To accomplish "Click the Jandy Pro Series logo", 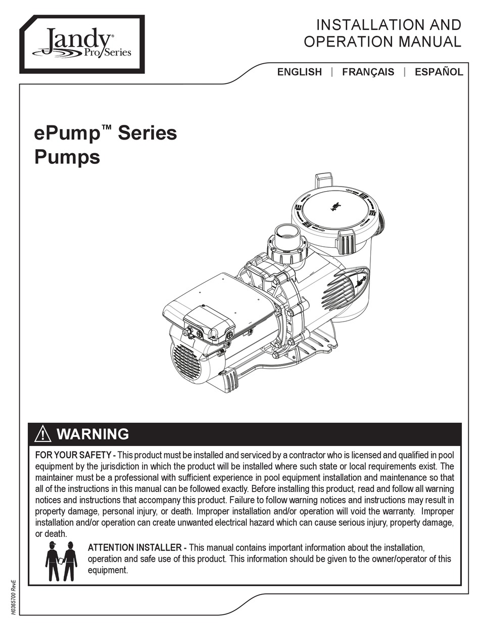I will coord(82,43).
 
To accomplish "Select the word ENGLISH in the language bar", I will coord(299,72).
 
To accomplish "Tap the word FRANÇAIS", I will coord(368,72).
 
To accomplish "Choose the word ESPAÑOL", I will coord(439,72).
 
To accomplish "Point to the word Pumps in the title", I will coord(67,157).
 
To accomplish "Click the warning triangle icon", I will coord(43,434).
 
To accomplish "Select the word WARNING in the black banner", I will coord(92,434).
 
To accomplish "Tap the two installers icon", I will coord(61,561).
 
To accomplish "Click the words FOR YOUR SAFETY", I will coord(73,455).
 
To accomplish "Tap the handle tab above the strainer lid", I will coord(323,181).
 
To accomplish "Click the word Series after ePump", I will coord(148,134).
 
